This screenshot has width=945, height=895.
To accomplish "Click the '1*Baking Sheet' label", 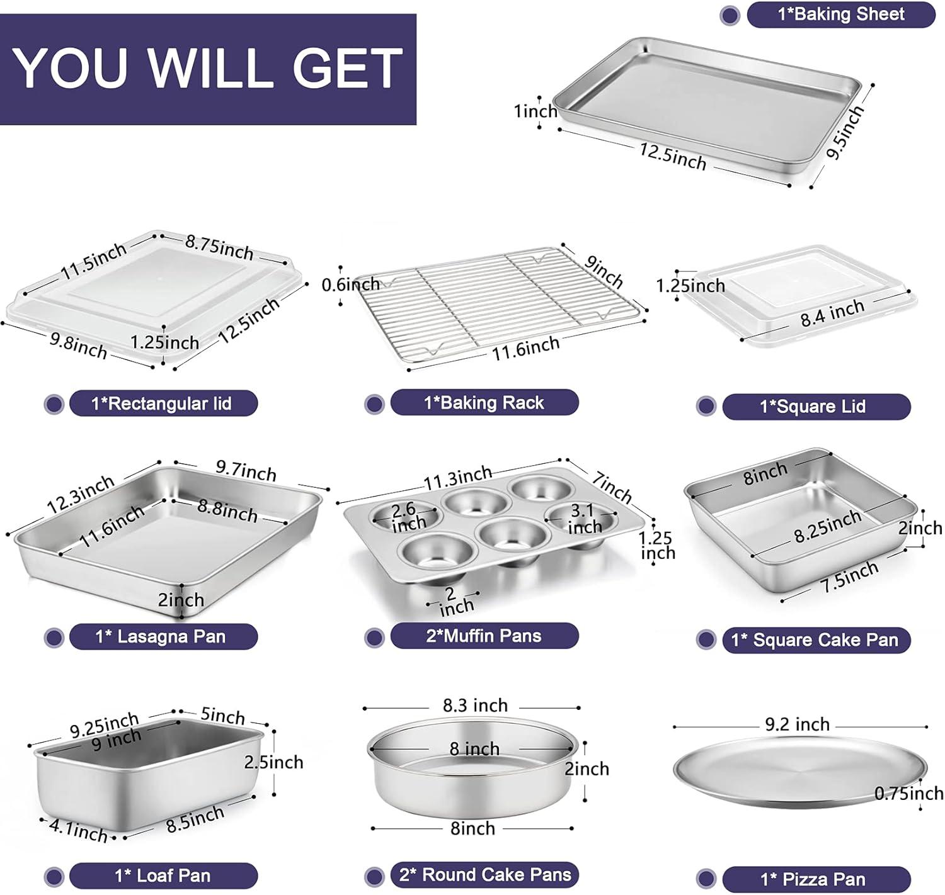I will click(x=840, y=14).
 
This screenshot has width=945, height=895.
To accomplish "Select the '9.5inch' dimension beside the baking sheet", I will click(x=845, y=133).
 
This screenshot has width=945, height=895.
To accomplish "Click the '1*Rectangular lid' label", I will click(x=163, y=403).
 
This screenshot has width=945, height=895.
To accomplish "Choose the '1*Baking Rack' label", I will click(x=484, y=403).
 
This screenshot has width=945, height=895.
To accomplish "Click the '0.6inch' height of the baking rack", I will click(x=350, y=284).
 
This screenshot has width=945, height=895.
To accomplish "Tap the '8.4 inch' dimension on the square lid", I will click(x=832, y=313).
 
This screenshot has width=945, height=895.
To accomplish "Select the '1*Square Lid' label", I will click(x=815, y=407).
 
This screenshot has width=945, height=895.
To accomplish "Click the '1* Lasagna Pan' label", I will click(x=163, y=636).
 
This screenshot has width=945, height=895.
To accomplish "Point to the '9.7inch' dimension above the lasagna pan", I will click(x=246, y=471).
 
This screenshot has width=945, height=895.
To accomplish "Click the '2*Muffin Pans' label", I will click(x=484, y=636).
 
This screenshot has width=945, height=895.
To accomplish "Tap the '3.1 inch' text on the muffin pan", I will click(x=583, y=519).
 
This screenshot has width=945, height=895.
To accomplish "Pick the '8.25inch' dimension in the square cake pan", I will click(x=827, y=526).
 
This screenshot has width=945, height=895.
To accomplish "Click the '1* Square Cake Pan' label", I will click(x=815, y=640).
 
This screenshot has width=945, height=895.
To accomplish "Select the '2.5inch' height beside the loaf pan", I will click(x=273, y=762).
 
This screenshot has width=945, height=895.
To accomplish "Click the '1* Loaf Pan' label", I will click(x=163, y=875).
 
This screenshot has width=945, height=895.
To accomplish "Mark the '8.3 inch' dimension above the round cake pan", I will click(x=475, y=706).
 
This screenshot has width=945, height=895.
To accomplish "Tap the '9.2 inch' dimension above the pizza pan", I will click(x=797, y=724).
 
